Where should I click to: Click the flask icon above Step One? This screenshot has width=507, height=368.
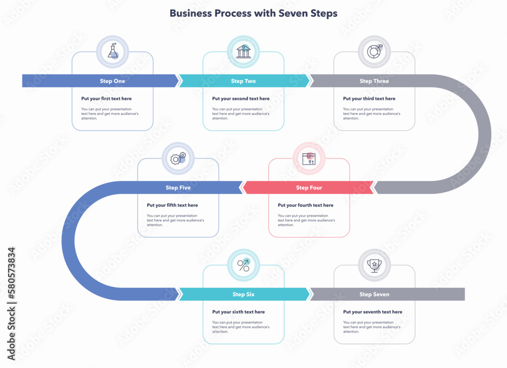(113, 51)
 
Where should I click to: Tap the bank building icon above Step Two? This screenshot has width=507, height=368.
(243, 51)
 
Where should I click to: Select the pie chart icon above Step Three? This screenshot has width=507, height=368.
(375, 51)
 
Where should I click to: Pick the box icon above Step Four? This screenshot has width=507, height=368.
(309, 158)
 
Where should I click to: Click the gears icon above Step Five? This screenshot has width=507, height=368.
(178, 158)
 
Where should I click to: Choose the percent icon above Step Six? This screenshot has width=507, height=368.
(243, 265)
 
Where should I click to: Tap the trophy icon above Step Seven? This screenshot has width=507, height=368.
(374, 265)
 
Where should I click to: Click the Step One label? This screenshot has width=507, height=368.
(113, 81)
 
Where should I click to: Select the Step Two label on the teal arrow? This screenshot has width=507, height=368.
(243, 81)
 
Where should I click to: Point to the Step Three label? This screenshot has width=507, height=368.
(374, 81)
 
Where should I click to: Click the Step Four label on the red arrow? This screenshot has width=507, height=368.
(309, 188)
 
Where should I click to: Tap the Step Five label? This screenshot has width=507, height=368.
(178, 188)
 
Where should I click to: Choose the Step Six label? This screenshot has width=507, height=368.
(243, 295)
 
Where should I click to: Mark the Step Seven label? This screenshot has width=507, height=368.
(374, 295)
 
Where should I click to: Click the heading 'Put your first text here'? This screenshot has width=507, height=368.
(106, 99)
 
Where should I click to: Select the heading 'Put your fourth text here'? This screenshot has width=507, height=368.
(306, 206)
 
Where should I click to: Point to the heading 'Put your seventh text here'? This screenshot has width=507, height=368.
(373, 312)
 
